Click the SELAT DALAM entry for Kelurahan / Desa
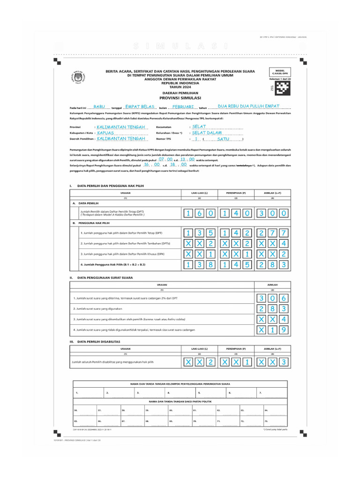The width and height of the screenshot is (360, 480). (x=207, y=133)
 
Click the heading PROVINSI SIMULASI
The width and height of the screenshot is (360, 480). (x=180, y=97)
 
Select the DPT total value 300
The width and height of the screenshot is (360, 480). (x=272, y=214)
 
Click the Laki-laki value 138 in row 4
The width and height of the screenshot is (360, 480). (x=199, y=265)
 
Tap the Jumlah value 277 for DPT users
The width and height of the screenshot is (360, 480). (x=272, y=233)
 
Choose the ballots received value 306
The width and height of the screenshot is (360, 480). (x=272, y=299)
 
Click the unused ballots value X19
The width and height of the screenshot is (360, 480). (x=272, y=330)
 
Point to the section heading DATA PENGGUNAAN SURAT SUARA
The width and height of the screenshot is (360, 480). (x=105, y=277)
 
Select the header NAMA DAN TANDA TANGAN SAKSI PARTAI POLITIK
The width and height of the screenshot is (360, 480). (x=180, y=402)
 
